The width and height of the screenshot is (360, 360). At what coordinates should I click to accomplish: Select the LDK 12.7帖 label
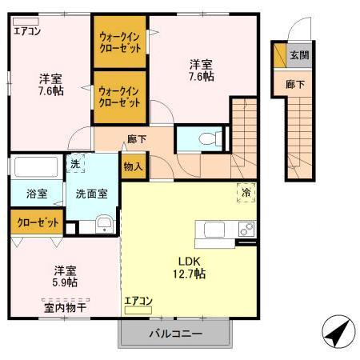pos(188,266)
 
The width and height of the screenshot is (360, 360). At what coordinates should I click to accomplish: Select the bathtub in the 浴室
pos(37,169)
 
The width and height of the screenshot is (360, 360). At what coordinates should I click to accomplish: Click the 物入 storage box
pos(132,167)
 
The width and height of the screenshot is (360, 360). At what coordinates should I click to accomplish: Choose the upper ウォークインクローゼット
pos(121,42)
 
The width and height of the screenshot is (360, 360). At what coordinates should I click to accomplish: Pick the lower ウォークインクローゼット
pos(121,98)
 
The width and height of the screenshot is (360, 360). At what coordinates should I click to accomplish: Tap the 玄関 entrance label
pos(298,55)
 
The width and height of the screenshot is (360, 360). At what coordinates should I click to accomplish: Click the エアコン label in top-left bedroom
pos(26,32)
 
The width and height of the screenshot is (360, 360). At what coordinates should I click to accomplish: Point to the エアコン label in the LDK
pos(138,301)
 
